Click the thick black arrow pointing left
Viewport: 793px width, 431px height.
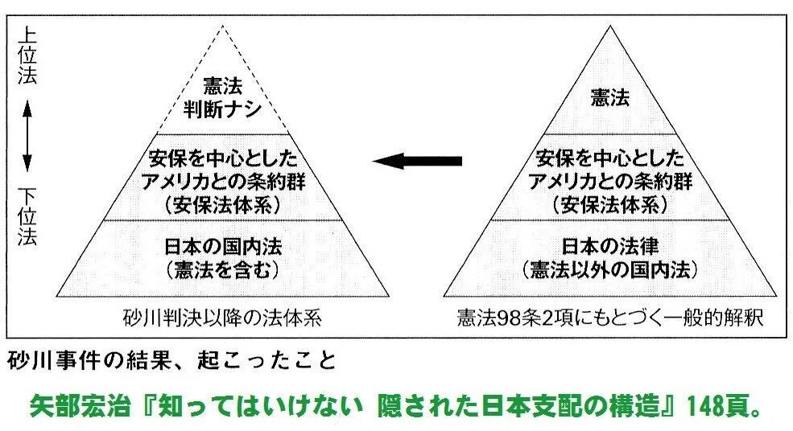point(416,162)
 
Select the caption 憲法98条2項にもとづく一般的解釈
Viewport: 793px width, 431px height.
point(609,316)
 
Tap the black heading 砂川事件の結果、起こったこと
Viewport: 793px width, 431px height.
point(170,358)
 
